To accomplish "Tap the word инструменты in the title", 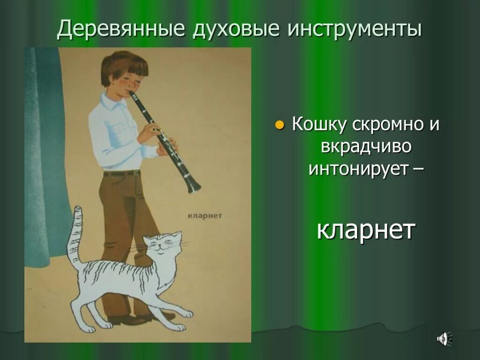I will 354,30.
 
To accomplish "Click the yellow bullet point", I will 279,125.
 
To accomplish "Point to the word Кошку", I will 319,125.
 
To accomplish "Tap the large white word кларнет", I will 366,230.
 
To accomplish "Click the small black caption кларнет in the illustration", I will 204,216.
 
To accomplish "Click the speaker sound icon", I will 443,338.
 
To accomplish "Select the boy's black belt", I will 122,173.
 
